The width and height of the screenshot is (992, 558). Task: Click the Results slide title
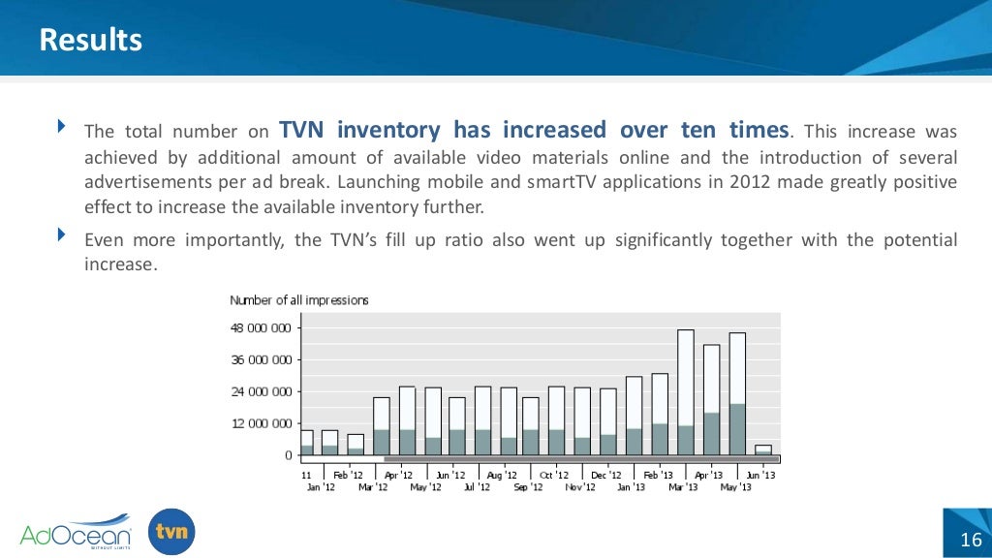click(90, 40)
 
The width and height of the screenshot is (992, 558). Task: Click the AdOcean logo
click(75, 533)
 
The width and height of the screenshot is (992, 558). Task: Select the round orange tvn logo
click(172, 532)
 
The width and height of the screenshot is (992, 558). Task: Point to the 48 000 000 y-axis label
click(261, 328)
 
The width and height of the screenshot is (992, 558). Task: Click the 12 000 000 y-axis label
click(261, 423)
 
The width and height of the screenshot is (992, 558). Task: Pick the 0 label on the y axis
click(288, 455)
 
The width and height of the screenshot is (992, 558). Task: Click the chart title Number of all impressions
click(298, 300)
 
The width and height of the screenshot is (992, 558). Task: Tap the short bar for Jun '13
click(763, 449)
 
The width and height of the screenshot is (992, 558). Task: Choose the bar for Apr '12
click(382, 426)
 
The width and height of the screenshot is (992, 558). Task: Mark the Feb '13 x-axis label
click(659, 476)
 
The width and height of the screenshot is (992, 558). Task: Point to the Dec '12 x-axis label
click(606, 476)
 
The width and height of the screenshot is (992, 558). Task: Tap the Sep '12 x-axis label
click(528, 486)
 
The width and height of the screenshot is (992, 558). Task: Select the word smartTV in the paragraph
click(599, 182)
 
